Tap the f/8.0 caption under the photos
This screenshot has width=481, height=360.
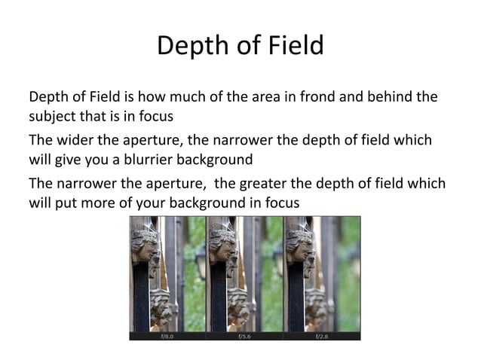pyautogui.click(x=167, y=337)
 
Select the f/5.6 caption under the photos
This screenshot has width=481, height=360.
pyautogui.click(x=244, y=337)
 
